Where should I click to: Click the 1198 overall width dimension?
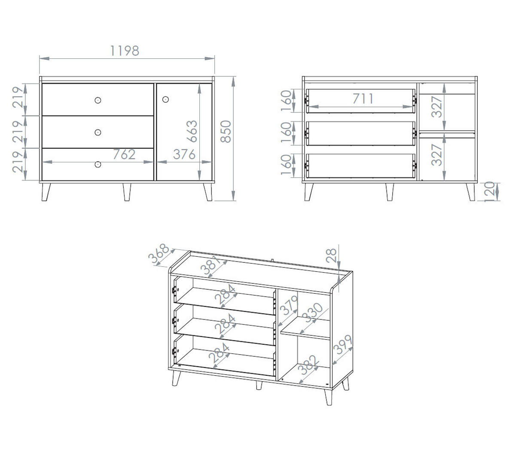[x=125, y=51]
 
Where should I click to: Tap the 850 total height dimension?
[x=226, y=131]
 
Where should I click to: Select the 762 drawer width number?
[x=124, y=154]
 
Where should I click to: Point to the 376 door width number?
[x=184, y=154]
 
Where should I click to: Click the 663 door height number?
[x=192, y=131]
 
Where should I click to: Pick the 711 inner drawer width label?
[x=363, y=99]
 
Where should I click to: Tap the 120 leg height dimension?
[x=489, y=192]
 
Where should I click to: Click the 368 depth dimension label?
[x=159, y=253]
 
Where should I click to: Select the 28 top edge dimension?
[x=331, y=255]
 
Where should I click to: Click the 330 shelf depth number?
[x=314, y=313]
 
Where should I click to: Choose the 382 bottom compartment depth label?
[x=308, y=365]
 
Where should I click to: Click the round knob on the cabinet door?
[x=165, y=99]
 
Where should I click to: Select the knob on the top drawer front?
[x=98, y=100]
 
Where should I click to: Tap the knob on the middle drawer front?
[x=98, y=132]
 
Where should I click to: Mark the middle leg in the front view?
[x=127, y=192]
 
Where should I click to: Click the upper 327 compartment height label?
[x=437, y=106]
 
